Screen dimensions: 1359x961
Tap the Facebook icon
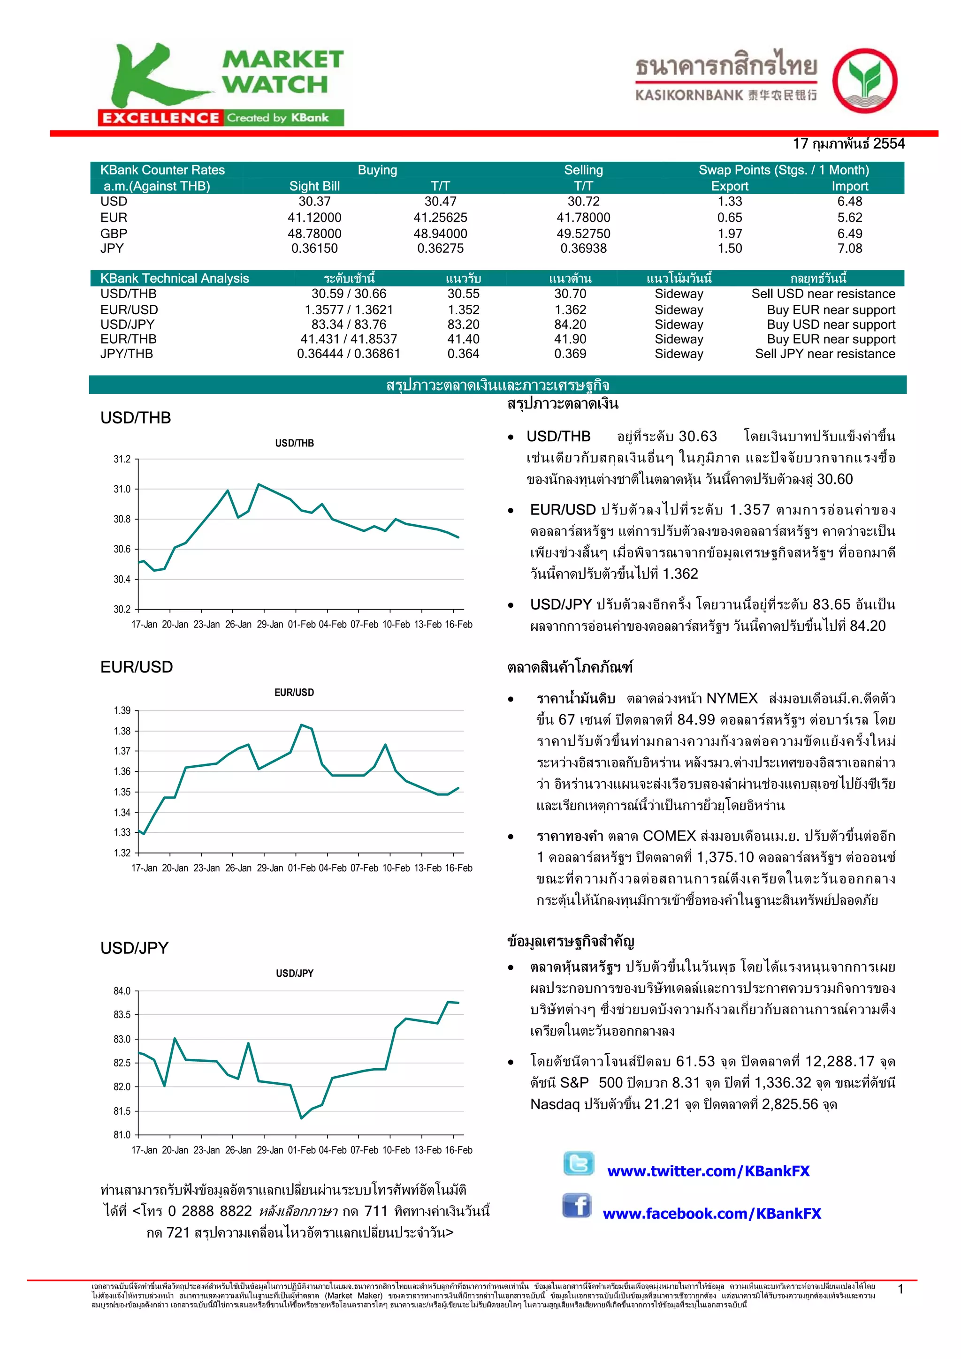[577, 1205]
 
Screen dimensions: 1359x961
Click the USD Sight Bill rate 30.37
[314, 201]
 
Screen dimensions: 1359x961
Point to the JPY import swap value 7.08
[849, 248]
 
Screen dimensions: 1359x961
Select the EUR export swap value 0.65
[730, 217]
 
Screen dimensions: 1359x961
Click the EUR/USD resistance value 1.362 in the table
[570, 310]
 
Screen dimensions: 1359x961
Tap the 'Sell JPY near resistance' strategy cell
[824, 354]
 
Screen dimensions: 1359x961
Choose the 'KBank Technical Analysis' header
[175, 278]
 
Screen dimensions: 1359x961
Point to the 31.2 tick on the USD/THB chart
[122, 459]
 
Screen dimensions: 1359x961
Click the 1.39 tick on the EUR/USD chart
[122, 710]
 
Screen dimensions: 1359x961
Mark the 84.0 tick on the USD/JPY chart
[122, 991]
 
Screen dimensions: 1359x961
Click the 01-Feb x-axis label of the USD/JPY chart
[301, 1149]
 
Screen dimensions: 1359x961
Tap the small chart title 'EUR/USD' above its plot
[294, 692]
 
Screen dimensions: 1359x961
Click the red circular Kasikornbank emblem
[864, 81]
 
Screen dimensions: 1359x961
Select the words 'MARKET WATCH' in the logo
[282, 72]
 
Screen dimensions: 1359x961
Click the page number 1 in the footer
[900, 1289]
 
